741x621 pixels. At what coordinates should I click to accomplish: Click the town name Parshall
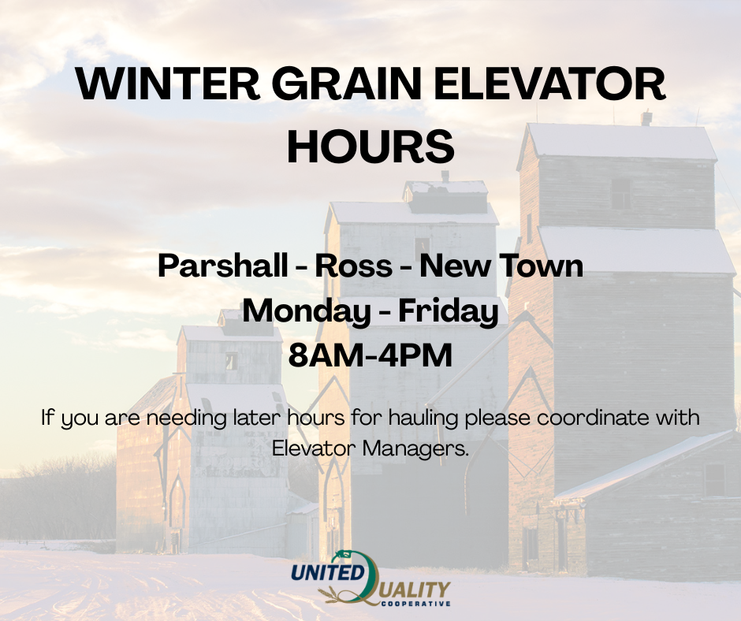222,265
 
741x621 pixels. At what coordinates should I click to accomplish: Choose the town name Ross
353,266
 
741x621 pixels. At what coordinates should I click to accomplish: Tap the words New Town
501,266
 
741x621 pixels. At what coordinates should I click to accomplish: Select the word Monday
307,312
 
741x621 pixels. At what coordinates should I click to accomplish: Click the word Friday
449,312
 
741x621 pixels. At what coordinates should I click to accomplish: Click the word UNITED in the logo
326,572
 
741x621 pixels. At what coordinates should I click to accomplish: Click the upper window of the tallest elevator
620,194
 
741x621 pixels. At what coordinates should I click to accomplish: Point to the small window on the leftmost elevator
231,362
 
